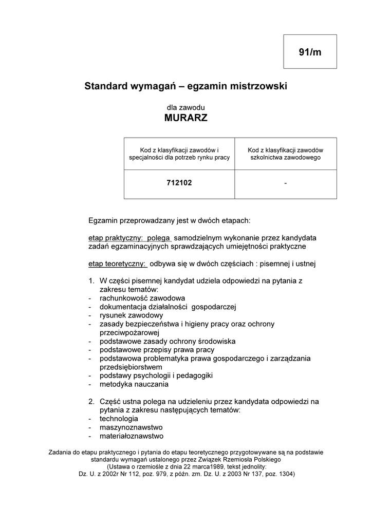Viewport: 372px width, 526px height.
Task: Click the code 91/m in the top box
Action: [310, 52]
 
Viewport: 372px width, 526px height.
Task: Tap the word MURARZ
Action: [185, 118]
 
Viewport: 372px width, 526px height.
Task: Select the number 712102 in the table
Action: [179, 182]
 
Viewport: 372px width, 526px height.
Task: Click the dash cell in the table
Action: [285, 182]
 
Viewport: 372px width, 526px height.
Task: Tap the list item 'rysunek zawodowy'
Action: [132, 315]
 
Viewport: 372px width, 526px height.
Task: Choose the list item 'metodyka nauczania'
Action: [134, 384]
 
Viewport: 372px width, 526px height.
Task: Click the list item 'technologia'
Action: [119, 419]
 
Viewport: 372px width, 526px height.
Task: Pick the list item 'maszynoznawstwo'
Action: [132, 427]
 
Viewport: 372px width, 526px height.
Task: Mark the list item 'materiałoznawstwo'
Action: [132, 436]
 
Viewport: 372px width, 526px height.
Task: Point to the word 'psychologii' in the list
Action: [154, 375]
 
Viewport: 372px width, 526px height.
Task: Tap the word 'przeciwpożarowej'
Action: [131, 332]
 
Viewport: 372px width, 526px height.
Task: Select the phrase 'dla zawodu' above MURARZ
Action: [185, 107]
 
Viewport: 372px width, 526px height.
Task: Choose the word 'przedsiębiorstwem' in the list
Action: [131, 367]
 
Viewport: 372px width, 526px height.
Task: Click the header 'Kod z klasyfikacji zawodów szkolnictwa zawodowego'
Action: [285, 153]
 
